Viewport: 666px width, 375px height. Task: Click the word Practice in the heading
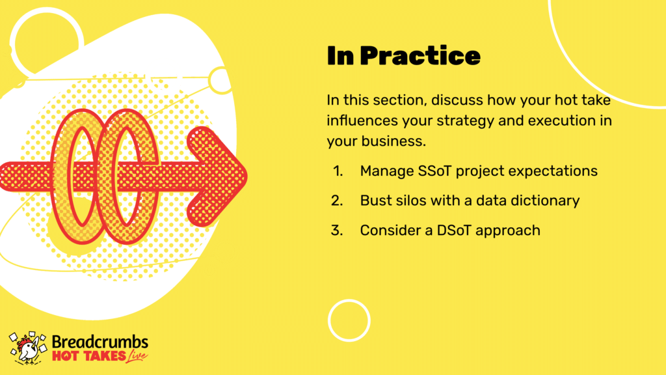[x=420, y=56]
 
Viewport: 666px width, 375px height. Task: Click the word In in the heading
[x=341, y=56]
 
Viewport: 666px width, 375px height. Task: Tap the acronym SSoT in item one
[x=434, y=171]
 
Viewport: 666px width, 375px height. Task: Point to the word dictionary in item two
[x=545, y=201]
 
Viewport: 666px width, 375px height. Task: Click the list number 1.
[x=338, y=171]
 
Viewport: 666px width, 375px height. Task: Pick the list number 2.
[x=338, y=201]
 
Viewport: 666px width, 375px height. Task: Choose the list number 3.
[x=338, y=230]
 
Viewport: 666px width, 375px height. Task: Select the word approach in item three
[x=508, y=231]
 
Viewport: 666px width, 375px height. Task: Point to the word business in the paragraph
[x=393, y=141]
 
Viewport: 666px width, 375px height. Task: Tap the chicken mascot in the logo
[x=28, y=348]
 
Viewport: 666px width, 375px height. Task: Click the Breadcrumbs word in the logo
[x=100, y=342]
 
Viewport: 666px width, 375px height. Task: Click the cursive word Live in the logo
[x=137, y=356]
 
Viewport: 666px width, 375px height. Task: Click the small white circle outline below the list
[x=349, y=299]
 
